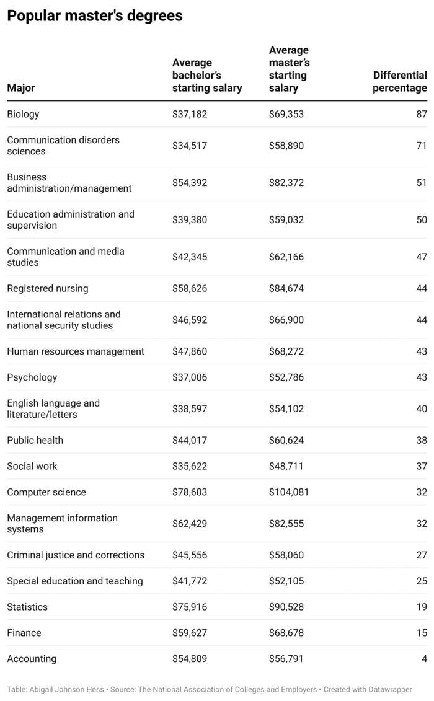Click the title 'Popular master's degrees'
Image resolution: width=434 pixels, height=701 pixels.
[95, 15]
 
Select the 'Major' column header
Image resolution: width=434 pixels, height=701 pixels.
[21, 87]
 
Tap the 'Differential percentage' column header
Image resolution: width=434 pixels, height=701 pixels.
[400, 81]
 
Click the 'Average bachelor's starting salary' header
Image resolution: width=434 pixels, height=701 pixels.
[207, 75]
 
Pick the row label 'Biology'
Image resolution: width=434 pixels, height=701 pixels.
[24, 114]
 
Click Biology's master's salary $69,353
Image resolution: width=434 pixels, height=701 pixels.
[286, 114]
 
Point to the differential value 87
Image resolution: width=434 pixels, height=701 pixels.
[422, 114]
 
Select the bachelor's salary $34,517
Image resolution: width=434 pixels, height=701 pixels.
[190, 145]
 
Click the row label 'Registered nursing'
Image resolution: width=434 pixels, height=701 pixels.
[47, 288]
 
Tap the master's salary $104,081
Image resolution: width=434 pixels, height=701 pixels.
[288, 492]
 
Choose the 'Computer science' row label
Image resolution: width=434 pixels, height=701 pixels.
[46, 492]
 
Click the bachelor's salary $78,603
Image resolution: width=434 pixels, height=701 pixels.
[190, 492]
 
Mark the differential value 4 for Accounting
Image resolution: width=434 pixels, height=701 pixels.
[425, 658]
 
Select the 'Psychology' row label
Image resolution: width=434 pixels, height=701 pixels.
[32, 377]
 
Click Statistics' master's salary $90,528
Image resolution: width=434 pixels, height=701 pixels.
[286, 607]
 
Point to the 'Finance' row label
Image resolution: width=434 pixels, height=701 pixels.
[24, 633]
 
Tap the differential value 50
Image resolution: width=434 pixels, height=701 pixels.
[422, 219]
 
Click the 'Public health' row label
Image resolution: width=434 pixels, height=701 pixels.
[35, 440]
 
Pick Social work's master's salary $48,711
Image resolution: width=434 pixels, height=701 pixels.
[286, 466]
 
